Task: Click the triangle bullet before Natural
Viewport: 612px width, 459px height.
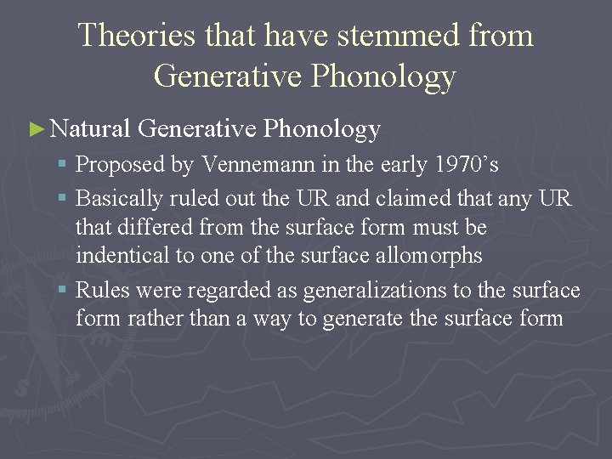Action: pos(36,129)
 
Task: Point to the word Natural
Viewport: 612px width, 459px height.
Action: pos(89,128)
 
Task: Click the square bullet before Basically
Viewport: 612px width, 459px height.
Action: pos(65,199)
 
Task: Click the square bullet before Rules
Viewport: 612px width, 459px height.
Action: pos(65,291)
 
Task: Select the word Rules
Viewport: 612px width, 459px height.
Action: pos(102,290)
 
